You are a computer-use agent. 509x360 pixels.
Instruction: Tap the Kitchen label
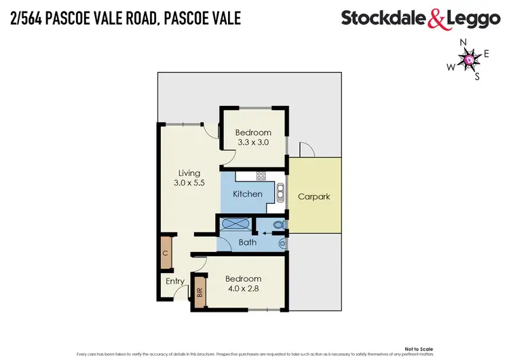(x=248, y=194)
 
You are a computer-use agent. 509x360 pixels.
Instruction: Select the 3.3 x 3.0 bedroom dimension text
(x=253, y=142)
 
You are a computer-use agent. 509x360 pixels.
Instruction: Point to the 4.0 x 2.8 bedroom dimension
(x=243, y=289)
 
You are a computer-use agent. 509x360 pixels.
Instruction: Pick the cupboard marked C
(x=165, y=253)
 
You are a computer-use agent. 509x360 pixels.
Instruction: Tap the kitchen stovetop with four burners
(x=261, y=176)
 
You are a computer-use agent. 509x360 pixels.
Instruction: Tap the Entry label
(x=174, y=281)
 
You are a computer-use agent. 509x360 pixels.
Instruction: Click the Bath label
(x=247, y=242)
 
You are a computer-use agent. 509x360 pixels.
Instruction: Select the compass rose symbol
(x=470, y=61)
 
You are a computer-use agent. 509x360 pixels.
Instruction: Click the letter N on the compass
(x=464, y=43)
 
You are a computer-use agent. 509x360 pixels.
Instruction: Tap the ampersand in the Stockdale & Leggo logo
(x=436, y=19)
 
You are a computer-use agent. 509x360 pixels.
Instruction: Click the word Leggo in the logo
(x=473, y=19)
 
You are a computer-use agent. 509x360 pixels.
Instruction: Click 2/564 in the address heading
(x=29, y=18)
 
